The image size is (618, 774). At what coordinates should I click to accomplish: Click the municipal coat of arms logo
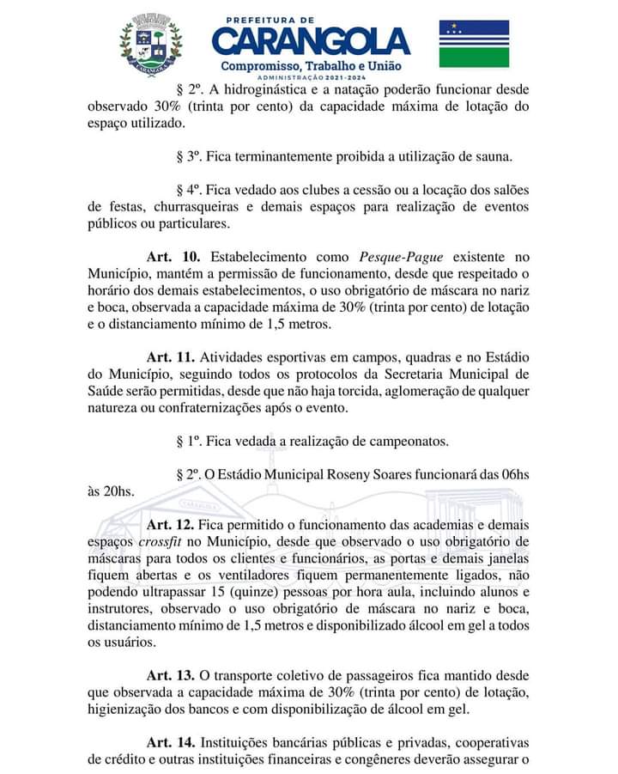[151, 42]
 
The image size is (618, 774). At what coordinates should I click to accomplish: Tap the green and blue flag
[474, 44]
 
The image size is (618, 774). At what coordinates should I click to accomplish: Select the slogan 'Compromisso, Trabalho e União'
[311, 66]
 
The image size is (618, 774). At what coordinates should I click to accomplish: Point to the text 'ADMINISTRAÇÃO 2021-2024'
[311, 78]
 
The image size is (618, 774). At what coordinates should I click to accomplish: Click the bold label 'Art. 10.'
[173, 257]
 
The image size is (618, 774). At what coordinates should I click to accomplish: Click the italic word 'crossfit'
[161, 541]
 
